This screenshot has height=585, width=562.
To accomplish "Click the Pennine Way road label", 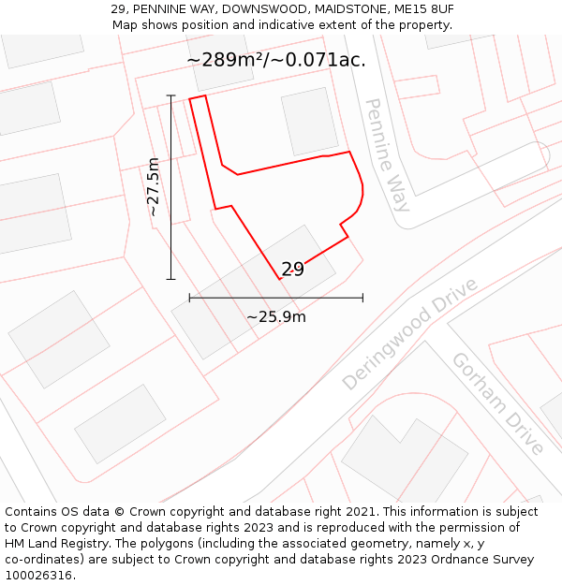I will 387,155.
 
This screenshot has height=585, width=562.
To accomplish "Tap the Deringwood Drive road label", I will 409,334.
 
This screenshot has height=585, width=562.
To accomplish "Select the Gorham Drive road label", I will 497,403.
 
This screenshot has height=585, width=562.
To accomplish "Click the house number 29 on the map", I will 292,270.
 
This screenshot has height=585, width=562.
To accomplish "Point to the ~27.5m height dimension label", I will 154,187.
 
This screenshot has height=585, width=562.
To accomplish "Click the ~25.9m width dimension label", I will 276,316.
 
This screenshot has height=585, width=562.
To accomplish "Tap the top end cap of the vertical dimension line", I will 171,95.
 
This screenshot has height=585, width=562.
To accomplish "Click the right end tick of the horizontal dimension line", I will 362,298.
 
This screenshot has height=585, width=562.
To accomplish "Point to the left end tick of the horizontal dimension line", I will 189,298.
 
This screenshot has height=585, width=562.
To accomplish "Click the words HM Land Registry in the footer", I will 52,543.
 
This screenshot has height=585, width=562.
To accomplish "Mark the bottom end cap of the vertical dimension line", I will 171,279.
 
